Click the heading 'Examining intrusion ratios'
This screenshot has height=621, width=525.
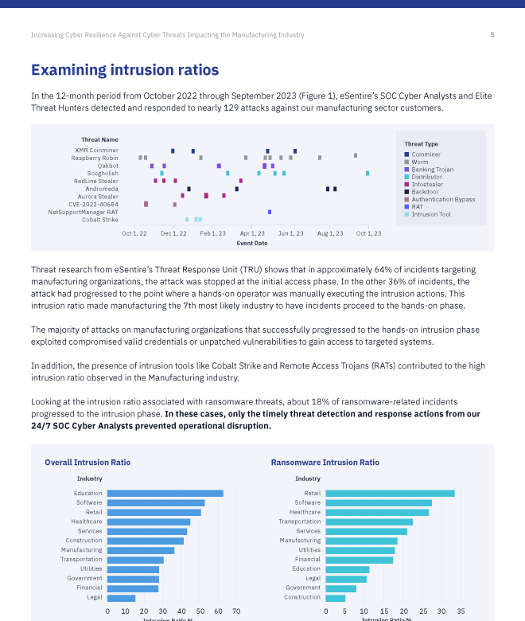125,71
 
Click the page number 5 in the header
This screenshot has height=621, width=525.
492,35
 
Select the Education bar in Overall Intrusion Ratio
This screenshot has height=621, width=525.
165,493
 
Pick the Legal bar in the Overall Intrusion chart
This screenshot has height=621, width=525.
121,597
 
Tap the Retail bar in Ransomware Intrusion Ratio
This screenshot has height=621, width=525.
390,493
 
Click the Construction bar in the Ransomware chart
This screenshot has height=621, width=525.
335,597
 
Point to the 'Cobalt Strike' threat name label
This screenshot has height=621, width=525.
100,220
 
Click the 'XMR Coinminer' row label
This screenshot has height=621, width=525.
96,150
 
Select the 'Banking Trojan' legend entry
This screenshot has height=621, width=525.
432,169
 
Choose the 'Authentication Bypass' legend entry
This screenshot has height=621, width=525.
443,199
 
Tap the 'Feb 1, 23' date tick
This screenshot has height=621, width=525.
212,233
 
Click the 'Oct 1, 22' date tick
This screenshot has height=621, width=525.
134,233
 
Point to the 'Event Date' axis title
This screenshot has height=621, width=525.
251,243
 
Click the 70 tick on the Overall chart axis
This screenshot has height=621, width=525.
236,611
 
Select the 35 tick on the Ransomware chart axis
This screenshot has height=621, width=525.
461,611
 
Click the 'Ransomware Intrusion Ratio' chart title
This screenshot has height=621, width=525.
325,463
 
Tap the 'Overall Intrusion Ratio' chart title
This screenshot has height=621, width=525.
87,463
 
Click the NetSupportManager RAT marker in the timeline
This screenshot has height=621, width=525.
270,212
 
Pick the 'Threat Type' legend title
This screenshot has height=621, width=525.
421,144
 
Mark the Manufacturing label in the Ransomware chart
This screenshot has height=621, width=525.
300,540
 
